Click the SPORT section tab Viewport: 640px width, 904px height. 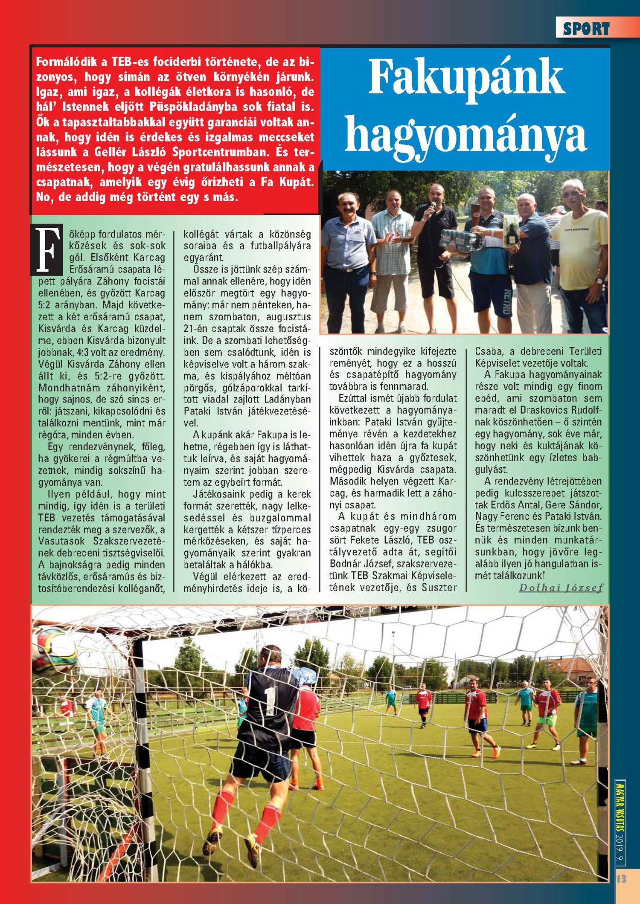click(586, 29)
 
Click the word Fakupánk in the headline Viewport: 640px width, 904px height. click(466, 78)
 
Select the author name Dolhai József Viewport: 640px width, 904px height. click(561, 588)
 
